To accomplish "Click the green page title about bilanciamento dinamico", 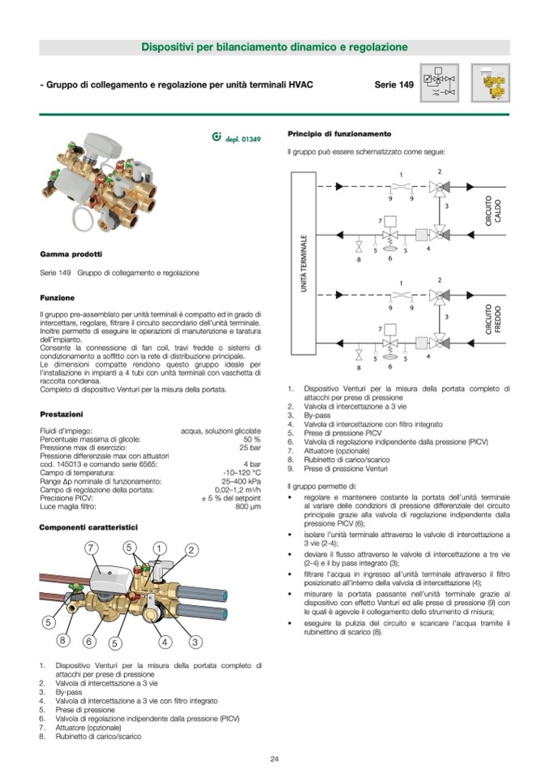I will [274, 48].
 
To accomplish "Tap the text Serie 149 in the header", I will [394, 84].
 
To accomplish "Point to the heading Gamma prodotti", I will [71, 254].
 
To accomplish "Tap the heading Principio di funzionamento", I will [339, 133].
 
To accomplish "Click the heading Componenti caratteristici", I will [88, 527].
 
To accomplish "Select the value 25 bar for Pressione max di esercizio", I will [250, 448].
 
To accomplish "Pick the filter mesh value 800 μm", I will [248, 506].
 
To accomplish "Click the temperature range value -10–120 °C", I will [242, 473].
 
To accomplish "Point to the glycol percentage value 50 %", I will [251, 439].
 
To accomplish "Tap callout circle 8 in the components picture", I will [62, 640].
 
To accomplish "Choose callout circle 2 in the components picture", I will [191, 550].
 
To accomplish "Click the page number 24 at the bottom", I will [274, 759].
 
